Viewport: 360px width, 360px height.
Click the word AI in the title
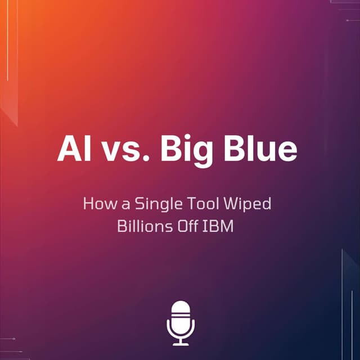(x=74, y=148)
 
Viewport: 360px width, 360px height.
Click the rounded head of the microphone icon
(x=181, y=312)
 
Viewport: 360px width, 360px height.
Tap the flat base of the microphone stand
(x=181, y=344)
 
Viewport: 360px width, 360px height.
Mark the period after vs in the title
(x=147, y=159)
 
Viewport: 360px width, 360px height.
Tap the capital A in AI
(x=69, y=148)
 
